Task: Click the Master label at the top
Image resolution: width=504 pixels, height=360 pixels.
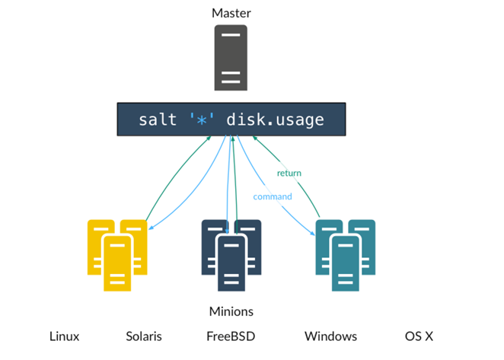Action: coord(231,13)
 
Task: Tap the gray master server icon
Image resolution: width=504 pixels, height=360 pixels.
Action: coord(231,58)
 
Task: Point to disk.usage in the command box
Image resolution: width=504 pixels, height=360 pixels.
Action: coord(275,119)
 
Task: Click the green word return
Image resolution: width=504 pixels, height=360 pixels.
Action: coord(289,173)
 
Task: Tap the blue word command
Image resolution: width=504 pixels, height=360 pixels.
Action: coord(272,196)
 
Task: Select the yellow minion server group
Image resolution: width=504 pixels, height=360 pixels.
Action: coord(117,254)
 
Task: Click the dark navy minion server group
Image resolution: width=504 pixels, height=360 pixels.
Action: coord(231,254)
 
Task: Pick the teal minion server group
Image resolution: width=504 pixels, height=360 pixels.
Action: coord(346,254)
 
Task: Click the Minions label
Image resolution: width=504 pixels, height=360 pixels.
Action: coord(231,311)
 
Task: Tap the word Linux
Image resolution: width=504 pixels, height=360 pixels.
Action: coord(64,336)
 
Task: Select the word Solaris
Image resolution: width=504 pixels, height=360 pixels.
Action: coord(144,336)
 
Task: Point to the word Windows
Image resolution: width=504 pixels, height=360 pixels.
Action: coord(330,336)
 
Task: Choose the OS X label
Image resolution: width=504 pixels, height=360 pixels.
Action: coord(419,336)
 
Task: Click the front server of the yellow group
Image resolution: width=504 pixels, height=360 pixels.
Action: coord(117,263)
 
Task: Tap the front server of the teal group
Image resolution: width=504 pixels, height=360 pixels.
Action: coord(346,263)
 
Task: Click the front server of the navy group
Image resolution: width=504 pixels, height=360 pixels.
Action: coord(231,263)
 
